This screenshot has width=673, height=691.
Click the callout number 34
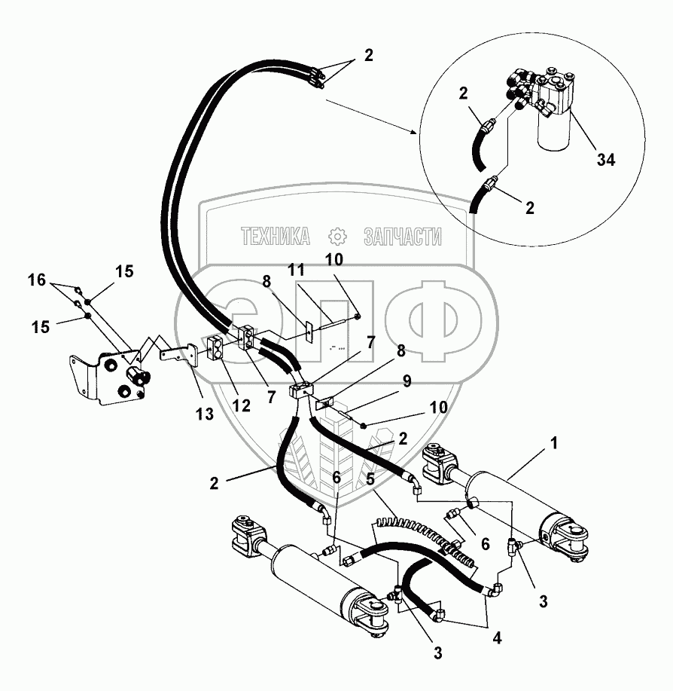click(606, 159)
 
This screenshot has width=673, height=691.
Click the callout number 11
click(299, 268)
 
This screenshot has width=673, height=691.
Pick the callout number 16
click(37, 280)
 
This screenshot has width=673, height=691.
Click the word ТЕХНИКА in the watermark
click(276, 237)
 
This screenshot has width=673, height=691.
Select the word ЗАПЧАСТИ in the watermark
click(403, 237)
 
